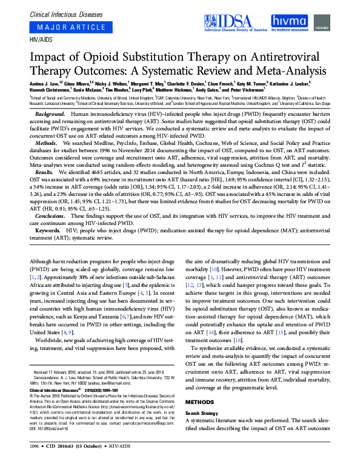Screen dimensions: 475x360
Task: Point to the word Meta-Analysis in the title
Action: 290,70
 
